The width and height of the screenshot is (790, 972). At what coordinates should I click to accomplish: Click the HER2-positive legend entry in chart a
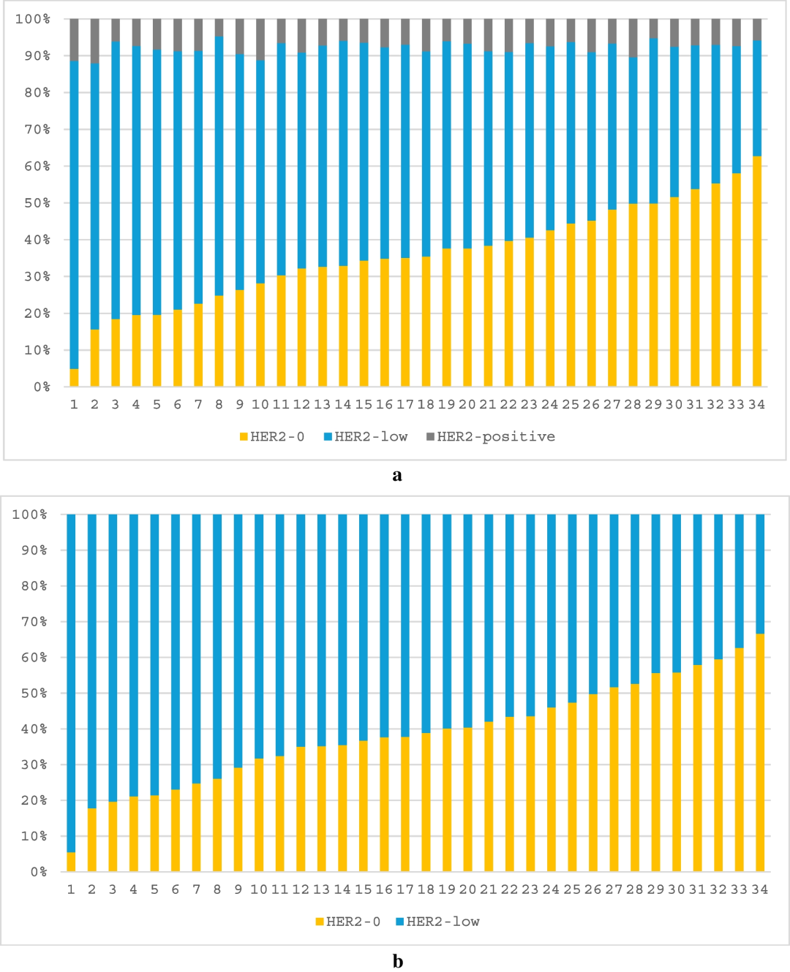[495, 437]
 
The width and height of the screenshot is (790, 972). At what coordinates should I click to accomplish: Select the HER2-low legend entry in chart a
[370, 437]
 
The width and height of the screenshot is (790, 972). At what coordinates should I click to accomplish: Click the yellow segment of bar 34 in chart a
[757, 270]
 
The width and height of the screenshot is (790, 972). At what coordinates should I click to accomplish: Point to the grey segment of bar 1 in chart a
[74, 39]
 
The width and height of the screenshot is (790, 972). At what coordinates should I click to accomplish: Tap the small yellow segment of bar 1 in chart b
[71, 862]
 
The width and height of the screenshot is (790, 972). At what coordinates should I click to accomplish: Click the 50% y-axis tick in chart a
[33, 203]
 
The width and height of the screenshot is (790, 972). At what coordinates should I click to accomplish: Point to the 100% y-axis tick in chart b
[29, 515]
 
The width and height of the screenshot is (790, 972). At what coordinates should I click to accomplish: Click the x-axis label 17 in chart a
[405, 404]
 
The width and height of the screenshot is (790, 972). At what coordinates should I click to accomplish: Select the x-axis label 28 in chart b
[634, 889]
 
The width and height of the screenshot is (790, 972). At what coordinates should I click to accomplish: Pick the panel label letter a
[397, 475]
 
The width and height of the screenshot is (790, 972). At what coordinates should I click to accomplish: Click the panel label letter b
[397, 961]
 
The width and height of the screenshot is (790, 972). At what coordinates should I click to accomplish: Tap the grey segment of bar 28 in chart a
[633, 38]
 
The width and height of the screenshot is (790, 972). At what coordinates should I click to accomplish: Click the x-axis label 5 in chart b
[154, 889]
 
